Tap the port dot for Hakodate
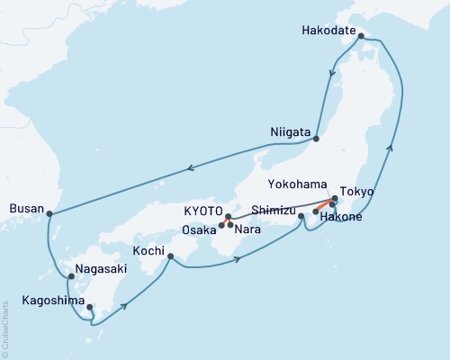point(361,37)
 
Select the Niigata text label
point(291,129)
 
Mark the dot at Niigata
point(316,138)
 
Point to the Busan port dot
point(49,214)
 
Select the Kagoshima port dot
point(89,308)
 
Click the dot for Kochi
point(170,256)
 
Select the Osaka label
point(200,230)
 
